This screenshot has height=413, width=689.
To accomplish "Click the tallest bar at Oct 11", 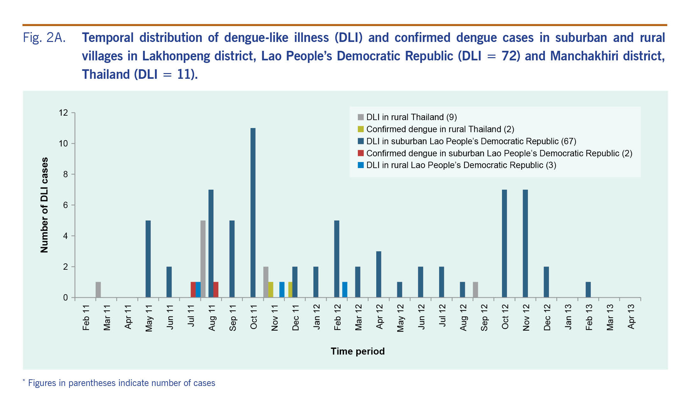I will coord(253,213).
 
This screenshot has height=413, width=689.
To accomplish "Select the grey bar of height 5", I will coord(203,259).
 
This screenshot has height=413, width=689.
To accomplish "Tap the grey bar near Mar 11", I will coord(98,290).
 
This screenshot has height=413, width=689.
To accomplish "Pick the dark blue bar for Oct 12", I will coord(504,244).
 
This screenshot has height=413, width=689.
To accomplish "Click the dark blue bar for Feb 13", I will coord(588,290).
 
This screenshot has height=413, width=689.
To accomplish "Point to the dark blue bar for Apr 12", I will coord(378,274).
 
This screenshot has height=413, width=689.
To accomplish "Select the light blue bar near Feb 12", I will coord(345,290).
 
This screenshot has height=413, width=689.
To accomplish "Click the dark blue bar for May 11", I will coord(148,259).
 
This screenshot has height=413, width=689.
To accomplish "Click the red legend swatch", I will coord(361,153).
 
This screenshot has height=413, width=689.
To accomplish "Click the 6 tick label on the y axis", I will coord(65,205).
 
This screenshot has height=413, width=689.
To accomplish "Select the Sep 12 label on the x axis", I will coord(484,317).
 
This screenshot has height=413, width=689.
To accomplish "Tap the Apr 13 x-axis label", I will coord(631,317).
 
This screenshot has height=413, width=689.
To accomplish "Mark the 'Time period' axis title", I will coord(358,351).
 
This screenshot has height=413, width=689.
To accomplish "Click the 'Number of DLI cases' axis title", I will coord(44,205).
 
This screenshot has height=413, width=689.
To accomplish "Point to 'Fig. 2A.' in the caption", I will coord(44,38).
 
